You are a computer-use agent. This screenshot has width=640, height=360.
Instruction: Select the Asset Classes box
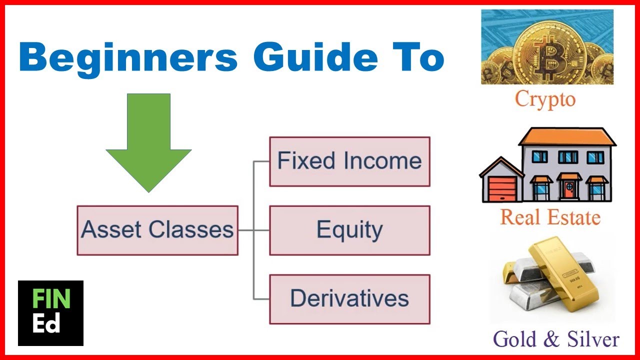click(x=157, y=230)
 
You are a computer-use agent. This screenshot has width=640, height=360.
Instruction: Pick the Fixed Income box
click(x=349, y=161)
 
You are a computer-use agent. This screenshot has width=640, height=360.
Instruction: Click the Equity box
click(x=349, y=230)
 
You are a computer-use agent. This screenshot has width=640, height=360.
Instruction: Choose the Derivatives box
click(x=349, y=299)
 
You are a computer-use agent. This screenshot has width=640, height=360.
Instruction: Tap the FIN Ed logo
click(x=50, y=313)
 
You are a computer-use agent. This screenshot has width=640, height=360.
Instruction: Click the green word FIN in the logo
click(x=50, y=299)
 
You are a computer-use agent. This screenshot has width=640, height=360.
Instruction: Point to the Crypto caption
click(x=545, y=98)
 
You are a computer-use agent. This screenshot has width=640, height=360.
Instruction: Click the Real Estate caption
click(x=550, y=217)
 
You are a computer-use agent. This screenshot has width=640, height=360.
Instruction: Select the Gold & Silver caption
click(x=556, y=338)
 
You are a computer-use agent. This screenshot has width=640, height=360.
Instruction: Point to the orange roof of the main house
click(x=567, y=136)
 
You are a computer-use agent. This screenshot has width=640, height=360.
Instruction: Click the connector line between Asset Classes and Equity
click(x=253, y=230)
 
